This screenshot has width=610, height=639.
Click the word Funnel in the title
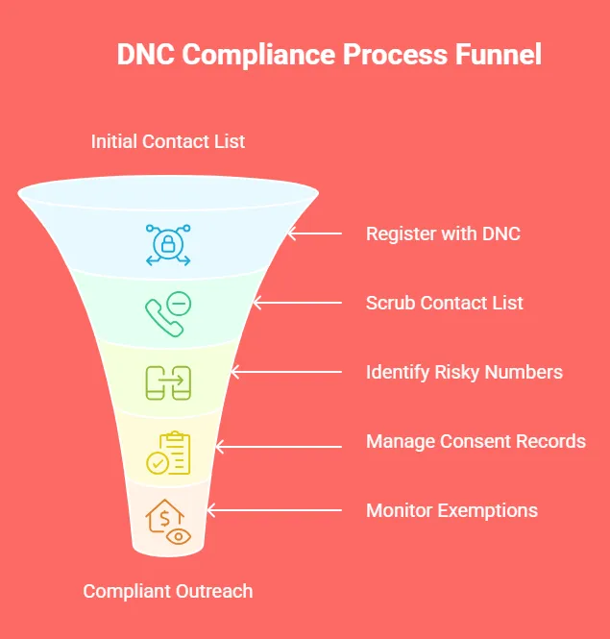tap(499, 54)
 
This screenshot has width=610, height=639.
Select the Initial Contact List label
tap(168, 141)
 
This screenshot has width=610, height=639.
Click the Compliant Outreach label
tap(168, 591)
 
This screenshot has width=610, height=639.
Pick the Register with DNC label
tap(443, 233)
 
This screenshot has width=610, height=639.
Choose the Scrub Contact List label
tap(445, 303)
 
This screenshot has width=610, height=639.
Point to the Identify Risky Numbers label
tap(464, 372)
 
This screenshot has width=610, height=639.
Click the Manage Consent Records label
tap(476, 441)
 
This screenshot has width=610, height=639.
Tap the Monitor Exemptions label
tap(451, 510)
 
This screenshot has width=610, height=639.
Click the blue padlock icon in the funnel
tap(168, 244)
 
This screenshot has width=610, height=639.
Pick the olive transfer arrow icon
tap(168, 382)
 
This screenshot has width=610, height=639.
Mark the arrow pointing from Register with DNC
tap(314, 233)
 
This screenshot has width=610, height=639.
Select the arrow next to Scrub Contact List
tap(296, 303)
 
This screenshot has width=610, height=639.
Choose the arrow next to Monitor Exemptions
tap(273, 510)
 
